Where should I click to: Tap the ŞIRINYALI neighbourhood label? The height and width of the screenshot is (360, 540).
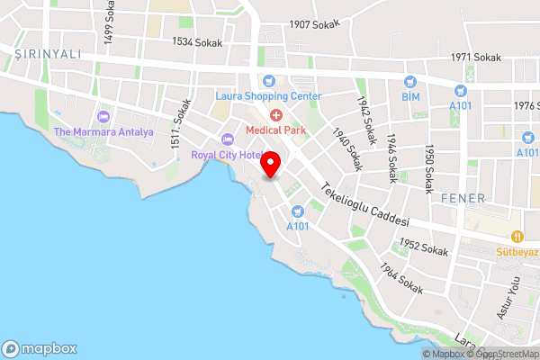[48, 54]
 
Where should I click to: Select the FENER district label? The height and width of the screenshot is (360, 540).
[463, 198]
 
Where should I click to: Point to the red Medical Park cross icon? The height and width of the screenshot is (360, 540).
[274, 114]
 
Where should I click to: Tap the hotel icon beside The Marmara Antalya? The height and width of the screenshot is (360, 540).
[103, 116]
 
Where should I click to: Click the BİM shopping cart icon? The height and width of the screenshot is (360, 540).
[410, 79]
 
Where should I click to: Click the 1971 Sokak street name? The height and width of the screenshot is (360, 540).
[475, 58]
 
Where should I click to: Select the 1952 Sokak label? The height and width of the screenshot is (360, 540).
[424, 247]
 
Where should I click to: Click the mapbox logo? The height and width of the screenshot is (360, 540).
[40, 348]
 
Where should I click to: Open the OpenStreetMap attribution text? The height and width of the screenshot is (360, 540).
[503, 354]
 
